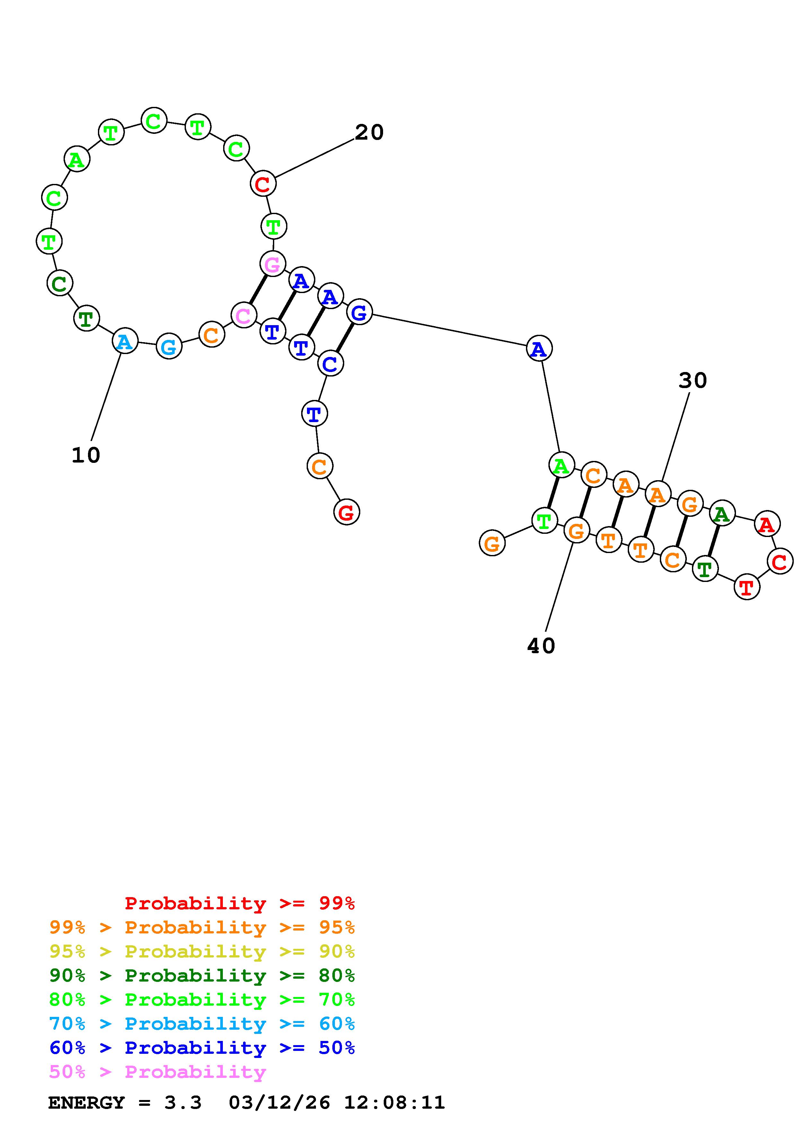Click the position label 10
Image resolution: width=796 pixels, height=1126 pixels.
86,455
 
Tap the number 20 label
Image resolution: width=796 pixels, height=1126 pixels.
369,133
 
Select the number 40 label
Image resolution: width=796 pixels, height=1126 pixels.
541,646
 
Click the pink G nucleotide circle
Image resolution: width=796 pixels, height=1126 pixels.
273,264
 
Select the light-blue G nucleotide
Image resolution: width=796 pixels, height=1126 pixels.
169,347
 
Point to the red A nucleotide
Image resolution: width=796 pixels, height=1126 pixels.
766,524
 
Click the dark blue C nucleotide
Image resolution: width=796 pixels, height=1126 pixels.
330,363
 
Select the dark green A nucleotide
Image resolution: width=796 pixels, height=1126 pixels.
722,514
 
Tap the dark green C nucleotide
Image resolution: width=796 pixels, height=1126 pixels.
60,283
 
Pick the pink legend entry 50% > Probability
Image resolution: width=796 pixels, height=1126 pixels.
157,1071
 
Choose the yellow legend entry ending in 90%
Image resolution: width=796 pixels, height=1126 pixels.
202,951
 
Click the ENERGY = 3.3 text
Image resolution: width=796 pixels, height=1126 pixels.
125,1103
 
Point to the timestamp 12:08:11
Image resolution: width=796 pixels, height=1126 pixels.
394,1103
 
